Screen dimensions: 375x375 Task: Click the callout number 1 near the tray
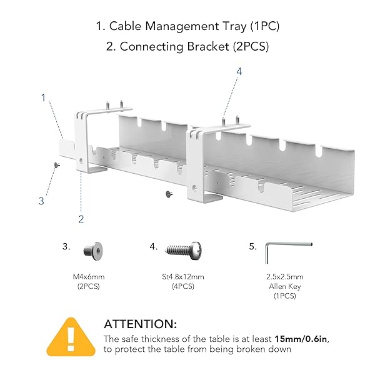[x=43, y=97]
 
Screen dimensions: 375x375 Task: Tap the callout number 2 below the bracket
[x=81, y=219]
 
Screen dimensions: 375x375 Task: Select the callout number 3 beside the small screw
[x=41, y=201]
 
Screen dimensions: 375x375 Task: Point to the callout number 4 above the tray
[x=238, y=72]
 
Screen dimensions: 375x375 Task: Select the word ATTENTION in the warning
[x=140, y=324]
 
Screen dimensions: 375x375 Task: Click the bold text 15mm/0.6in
[x=301, y=338]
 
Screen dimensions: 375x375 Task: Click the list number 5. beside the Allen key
[x=252, y=247]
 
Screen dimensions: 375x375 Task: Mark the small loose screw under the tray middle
[x=168, y=194]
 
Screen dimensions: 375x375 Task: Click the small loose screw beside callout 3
[x=55, y=164]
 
